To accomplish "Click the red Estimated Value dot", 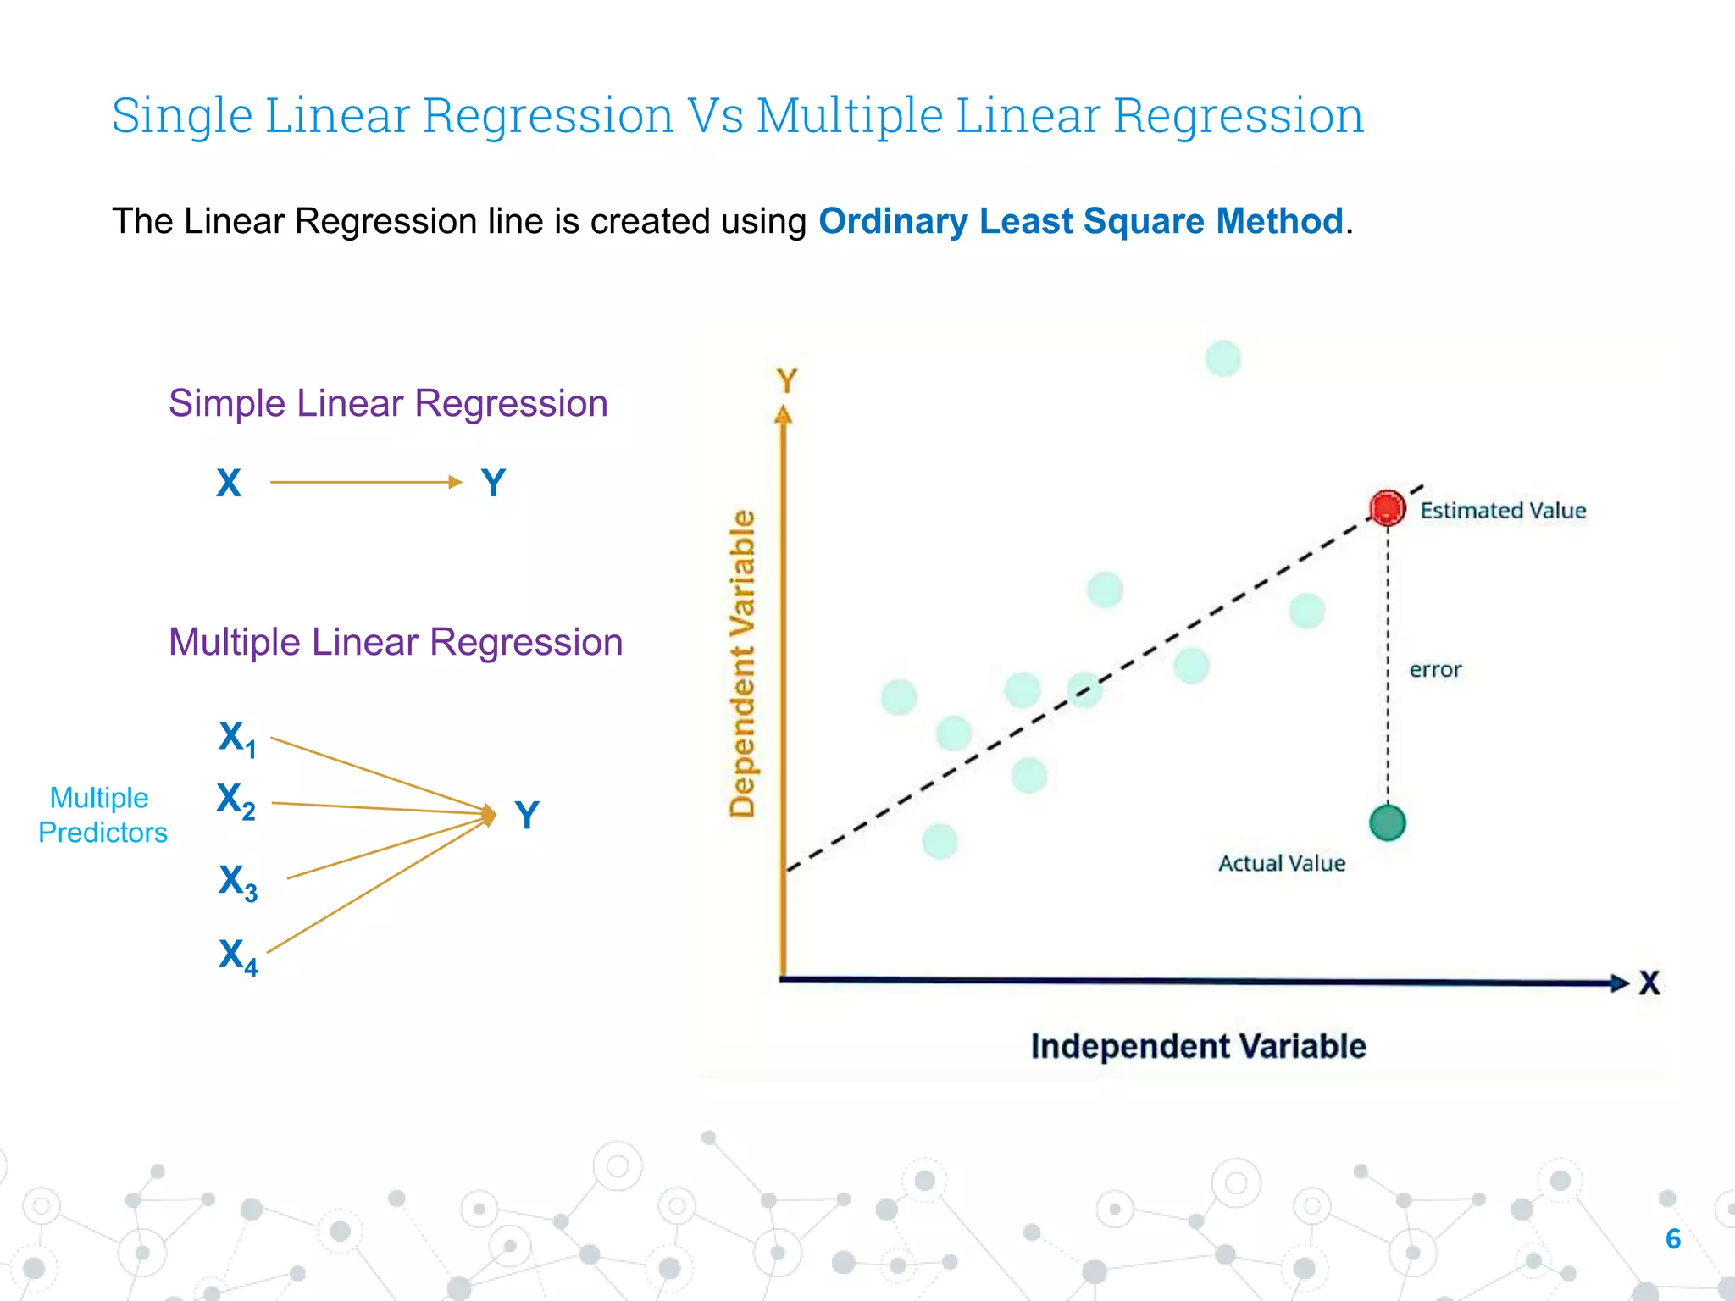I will pos(1387,508).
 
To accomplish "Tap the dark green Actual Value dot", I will pos(1387,822).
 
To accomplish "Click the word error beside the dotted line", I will pos(1435,670).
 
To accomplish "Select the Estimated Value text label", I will pos(1502,511).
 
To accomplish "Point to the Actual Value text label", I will pos(1281,863).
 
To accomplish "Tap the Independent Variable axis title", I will pos(1198,1046).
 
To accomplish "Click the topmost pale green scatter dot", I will pos(1222,358).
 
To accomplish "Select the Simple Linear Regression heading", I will pos(388,403).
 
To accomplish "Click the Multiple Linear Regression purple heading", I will pos(396,642).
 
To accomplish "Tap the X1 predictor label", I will pos(237,738).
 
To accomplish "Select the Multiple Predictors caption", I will pos(103,815).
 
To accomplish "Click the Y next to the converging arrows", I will pos(527,816).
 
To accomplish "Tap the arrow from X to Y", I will pos(365,482).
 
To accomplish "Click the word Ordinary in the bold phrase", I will pos(892,222).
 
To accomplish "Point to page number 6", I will pos(1672,1239).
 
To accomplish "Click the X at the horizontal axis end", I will pos(1649,983).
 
